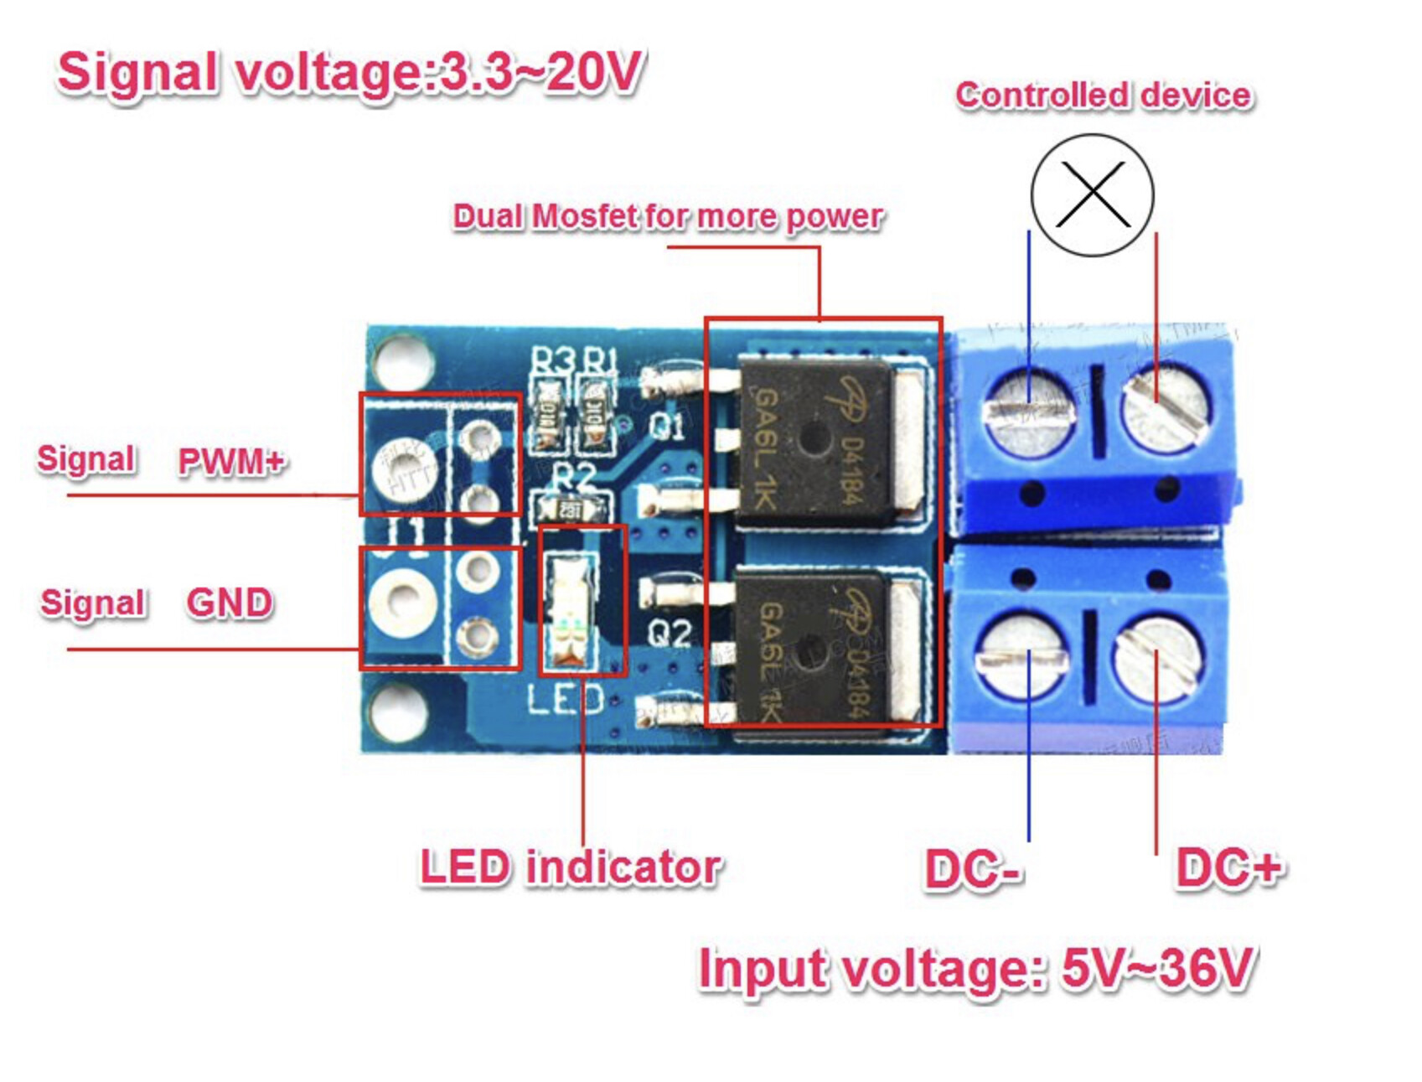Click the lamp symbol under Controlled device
coord(1092,194)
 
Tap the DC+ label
coord(1228,867)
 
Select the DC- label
coord(972,869)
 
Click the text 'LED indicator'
coord(570,867)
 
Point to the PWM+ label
coord(231,461)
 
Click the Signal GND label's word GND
coord(229,603)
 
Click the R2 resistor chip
coord(571,509)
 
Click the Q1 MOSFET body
coord(813,440)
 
